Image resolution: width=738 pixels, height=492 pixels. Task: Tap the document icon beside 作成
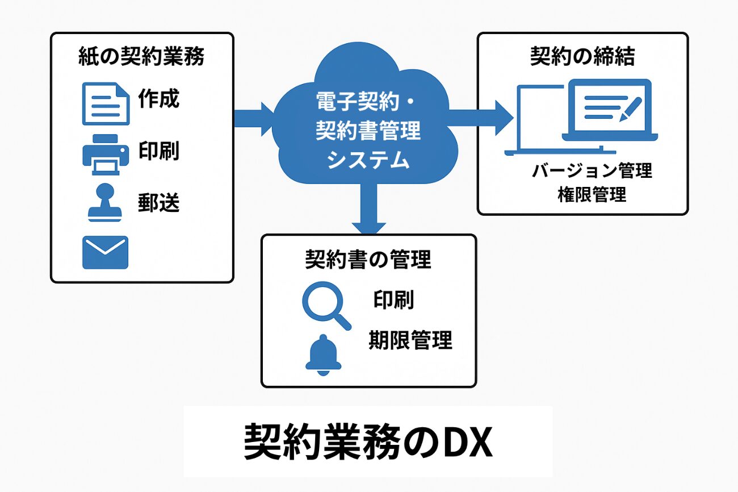[x=106, y=103]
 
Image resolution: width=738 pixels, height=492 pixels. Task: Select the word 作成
[x=158, y=99]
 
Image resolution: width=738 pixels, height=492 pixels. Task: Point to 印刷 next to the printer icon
[x=158, y=151]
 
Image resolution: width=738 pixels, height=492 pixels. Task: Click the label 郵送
[x=158, y=203]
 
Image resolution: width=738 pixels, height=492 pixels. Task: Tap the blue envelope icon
[x=106, y=252]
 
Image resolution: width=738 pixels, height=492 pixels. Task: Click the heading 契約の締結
[x=582, y=57]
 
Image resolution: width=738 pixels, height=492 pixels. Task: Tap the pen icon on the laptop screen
[x=630, y=109]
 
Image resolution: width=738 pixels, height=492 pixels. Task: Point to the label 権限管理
[x=592, y=194]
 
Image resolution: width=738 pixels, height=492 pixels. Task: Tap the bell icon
[x=323, y=355]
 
